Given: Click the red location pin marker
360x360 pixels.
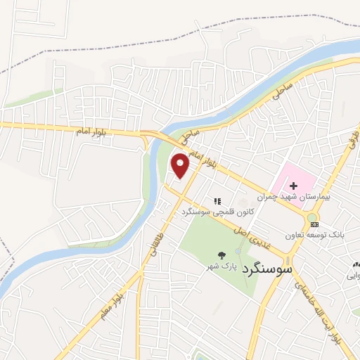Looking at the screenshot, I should click(181, 165).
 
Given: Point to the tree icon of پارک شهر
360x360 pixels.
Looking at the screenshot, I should click(222, 255).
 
